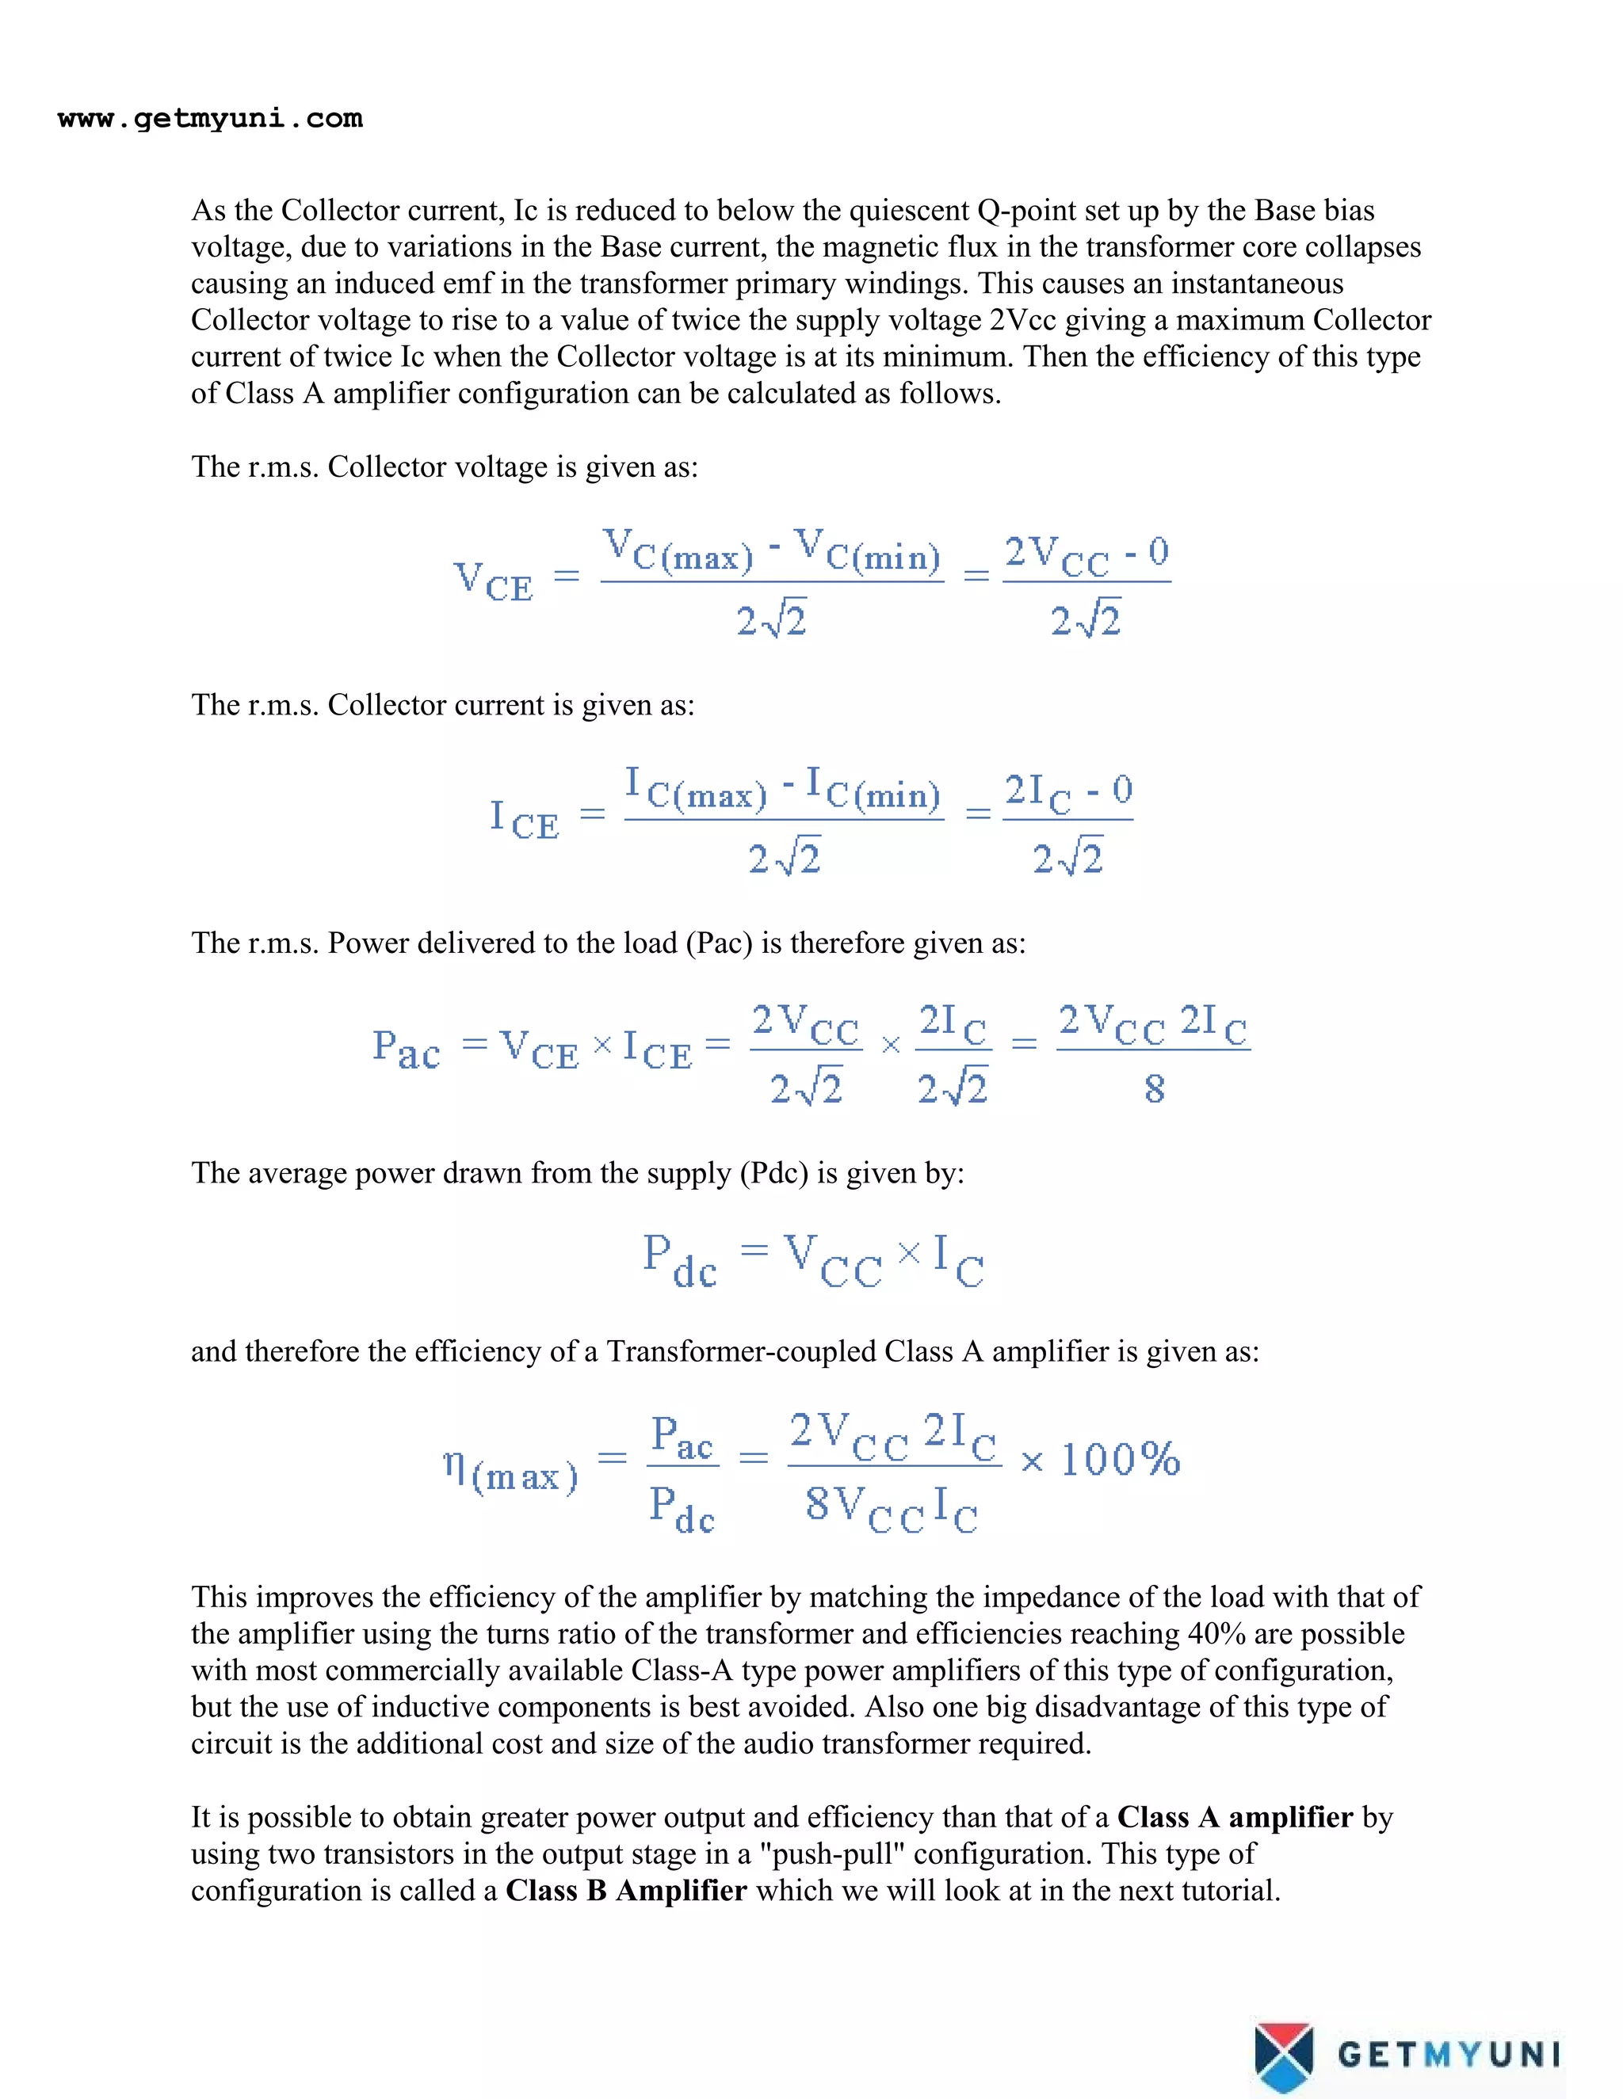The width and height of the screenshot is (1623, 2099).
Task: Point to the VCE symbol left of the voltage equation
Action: point(492,581)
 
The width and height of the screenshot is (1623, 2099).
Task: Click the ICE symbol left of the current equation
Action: point(524,819)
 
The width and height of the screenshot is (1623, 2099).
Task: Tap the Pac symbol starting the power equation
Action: point(406,1049)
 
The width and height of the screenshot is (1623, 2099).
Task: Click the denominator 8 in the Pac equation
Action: point(1154,1089)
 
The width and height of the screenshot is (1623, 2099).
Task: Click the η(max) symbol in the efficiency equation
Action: point(510,1472)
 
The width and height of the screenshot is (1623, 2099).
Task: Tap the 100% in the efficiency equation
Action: point(1120,1459)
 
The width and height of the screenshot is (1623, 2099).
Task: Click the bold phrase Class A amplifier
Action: point(1235,1817)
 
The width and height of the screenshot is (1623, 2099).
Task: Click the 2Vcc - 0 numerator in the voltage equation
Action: point(1086,555)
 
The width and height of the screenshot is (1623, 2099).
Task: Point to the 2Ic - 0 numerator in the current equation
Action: point(1068,794)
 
